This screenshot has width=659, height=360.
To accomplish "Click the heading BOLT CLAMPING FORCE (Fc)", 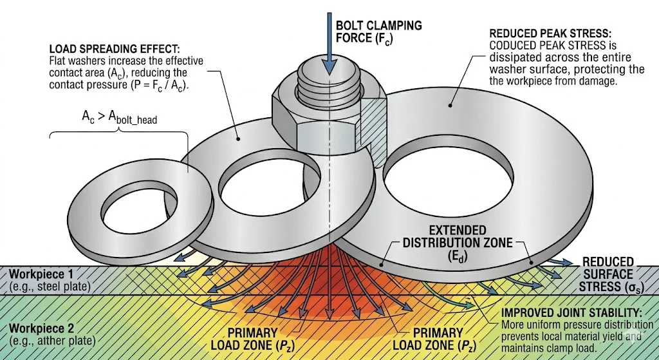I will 378,32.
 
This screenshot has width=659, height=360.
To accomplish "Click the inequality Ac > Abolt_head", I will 119,117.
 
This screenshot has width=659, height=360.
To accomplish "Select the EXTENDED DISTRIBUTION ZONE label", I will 458,236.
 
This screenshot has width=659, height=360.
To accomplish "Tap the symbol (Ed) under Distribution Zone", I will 458,256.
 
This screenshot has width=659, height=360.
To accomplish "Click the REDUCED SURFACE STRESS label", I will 608,274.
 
